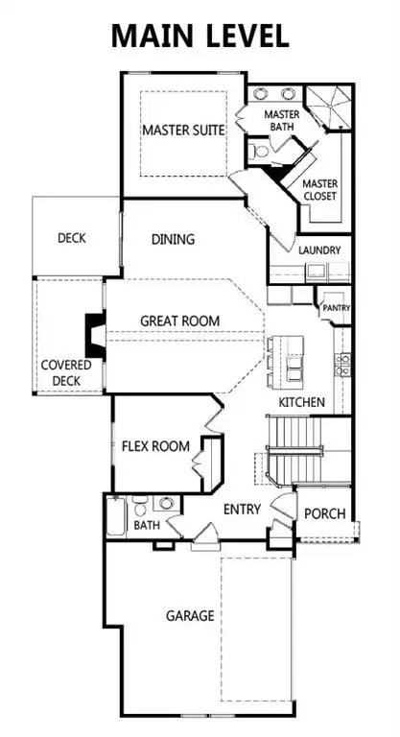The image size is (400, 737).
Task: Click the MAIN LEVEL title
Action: [200, 36]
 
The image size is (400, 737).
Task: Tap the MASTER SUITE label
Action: [182, 129]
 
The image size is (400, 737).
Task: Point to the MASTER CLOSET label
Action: [318, 190]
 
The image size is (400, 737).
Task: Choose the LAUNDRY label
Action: [318, 250]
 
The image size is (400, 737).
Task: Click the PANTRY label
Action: [337, 308]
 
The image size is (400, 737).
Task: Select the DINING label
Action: [173, 240]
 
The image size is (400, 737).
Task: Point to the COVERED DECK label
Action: [65, 373]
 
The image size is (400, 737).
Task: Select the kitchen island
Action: [289, 358]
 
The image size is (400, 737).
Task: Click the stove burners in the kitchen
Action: [342, 363]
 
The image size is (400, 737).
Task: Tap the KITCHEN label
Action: [301, 402]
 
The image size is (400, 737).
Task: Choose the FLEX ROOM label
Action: [154, 446]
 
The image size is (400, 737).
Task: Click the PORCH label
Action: [324, 514]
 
